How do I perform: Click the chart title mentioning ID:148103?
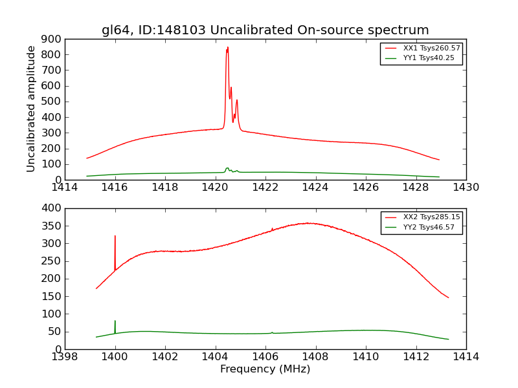(265, 30)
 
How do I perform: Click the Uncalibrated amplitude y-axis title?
(31, 109)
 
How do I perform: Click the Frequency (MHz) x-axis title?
(265, 369)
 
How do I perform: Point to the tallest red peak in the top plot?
(227, 48)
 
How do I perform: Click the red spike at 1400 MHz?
(115, 237)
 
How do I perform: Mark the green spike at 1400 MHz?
(115, 321)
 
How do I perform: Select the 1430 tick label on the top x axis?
(466, 188)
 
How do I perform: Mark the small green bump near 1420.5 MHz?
(227, 168)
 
